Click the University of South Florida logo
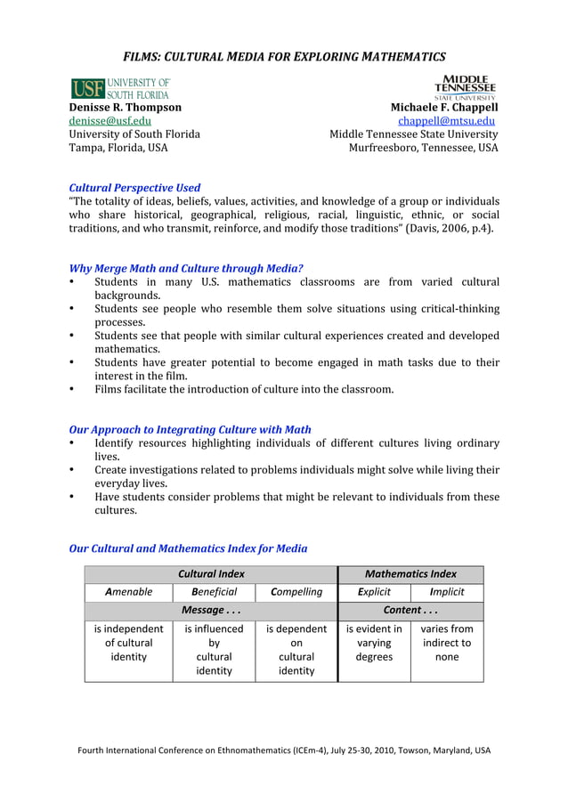click(x=120, y=88)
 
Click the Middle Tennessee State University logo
click(x=465, y=87)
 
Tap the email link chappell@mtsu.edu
click(x=447, y=121)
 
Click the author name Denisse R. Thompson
click(x=126, y=107)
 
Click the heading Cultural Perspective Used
click(x=134, y=188)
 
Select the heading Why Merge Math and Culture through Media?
click(x=186, y=268)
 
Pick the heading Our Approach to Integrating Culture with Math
click(x=190, y=429)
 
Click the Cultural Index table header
click(x=211, y=574)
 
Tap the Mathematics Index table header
click(x=410, y=574)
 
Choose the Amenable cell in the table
click(x=128, y=592)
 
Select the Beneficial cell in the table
click(x=214, y=592)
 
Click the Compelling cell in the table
click(x=296, y=592)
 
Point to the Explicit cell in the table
click(x=373, y=592)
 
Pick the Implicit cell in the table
click(x=447, y=592)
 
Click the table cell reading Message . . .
click(x=211, y=611)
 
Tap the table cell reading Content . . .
click(x=410, y=611)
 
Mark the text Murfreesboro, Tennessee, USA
click(x=423, y=148)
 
